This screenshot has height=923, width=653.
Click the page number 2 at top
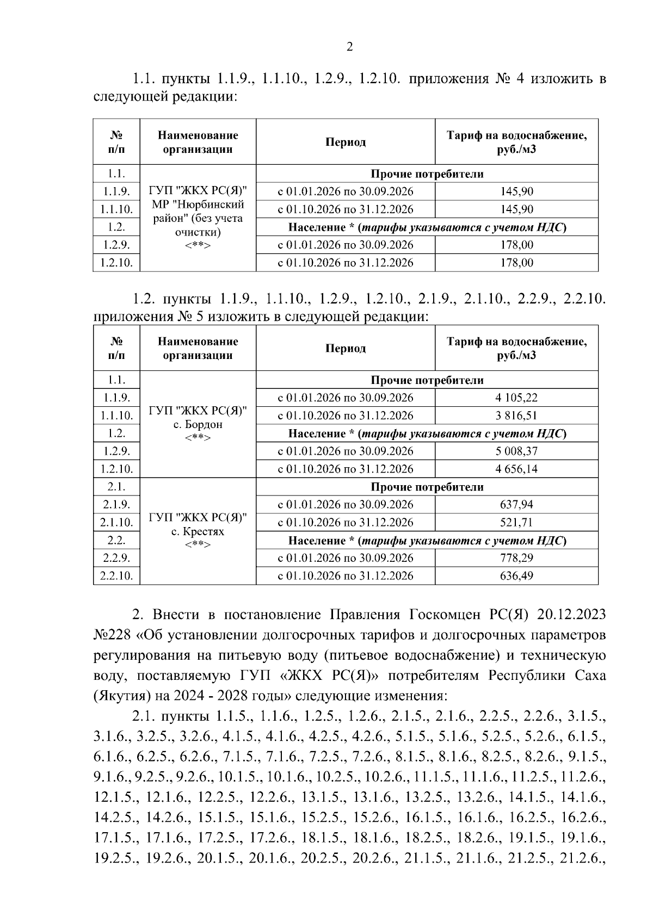(350, 47)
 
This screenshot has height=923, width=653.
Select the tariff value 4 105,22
(516, 398)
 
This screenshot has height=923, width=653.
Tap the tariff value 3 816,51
(516, 416)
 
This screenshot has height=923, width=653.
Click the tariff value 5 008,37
(516, 451)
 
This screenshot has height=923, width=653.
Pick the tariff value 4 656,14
(516, 469)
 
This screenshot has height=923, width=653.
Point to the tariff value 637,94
(516, 504)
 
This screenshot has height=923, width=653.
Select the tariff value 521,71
(516, 522)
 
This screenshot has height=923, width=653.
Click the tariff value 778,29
(516, 557)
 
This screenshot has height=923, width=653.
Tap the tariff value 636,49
(516, 575)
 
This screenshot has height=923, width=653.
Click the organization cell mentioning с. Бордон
(198, 424)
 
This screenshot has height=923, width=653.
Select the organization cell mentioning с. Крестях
(198, 531)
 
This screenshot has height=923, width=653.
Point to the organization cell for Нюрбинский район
(198, 218)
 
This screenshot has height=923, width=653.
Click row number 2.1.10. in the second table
(116, 523)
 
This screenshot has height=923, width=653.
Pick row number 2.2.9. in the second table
(116, 558)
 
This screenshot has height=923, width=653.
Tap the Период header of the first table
(346, 142)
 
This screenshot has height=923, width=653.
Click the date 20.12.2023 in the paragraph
(571, 615)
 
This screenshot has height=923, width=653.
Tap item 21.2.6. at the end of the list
(583, 858)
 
